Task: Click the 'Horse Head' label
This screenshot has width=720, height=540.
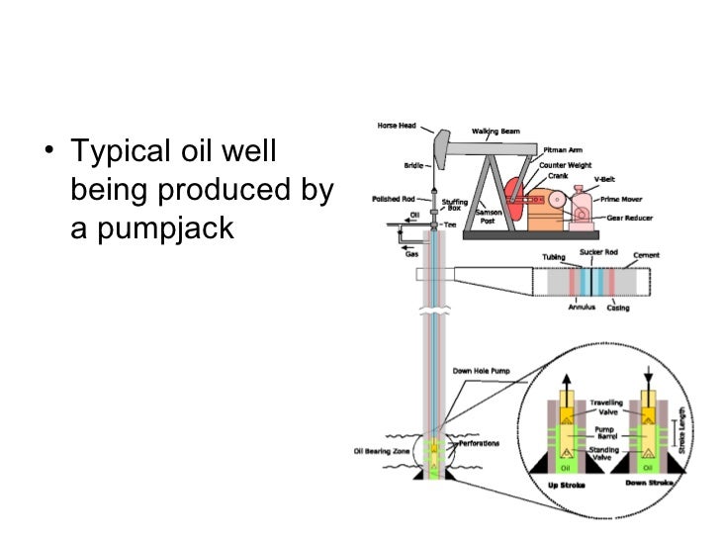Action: click(396, 126)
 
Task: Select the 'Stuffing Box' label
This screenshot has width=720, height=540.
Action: click(455, 205)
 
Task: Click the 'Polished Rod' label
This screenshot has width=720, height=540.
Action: click(392, 199)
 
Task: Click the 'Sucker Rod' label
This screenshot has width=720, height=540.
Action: click(597, 253)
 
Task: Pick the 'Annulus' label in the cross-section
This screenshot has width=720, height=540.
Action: click(582, 307)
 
